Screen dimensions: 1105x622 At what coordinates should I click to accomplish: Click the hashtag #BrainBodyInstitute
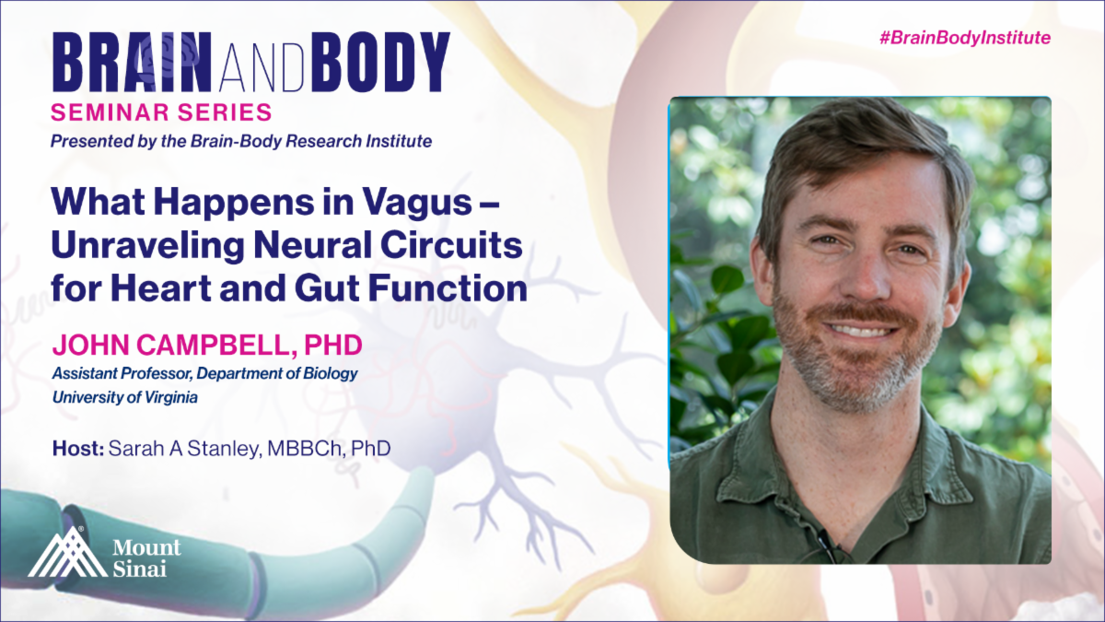pos(965,38)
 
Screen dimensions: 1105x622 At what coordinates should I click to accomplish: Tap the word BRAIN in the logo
pos(133,62)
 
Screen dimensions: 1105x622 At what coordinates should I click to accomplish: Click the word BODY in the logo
pos(380,62)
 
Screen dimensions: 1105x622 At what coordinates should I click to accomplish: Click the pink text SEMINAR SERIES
pos(161,112)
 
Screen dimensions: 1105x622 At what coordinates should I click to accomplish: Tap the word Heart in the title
pos(161,288)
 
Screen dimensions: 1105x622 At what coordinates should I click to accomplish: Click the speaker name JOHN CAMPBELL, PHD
pos(207,345)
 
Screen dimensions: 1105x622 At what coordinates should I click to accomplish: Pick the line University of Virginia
pos(125,397)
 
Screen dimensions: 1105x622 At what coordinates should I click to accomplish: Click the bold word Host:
pos(78,448)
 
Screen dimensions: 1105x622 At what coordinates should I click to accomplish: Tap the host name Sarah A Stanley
pos(183,449)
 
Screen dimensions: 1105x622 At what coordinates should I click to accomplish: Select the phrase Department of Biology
pos(277,373)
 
